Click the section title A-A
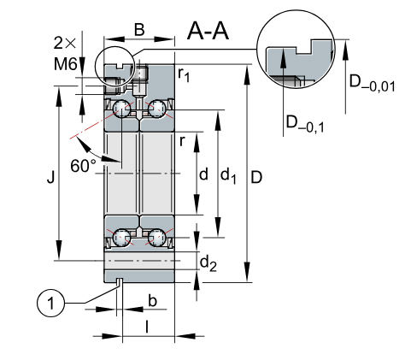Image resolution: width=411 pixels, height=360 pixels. [x=208, y=31]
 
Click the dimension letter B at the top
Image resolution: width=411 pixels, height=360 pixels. [x=139, y=29]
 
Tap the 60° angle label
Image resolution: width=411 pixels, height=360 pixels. [x=84, y=166]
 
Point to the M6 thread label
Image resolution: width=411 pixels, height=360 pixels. [x=65, y=64]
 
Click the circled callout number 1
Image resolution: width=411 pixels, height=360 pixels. [x=51, y=303]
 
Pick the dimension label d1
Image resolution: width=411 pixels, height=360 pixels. [x=228, y=175]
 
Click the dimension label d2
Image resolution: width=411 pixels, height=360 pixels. [x=208, y=263]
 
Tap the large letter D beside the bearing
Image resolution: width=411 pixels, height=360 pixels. [x=256, y=178]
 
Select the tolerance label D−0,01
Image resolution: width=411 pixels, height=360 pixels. [x=373, y=83]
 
